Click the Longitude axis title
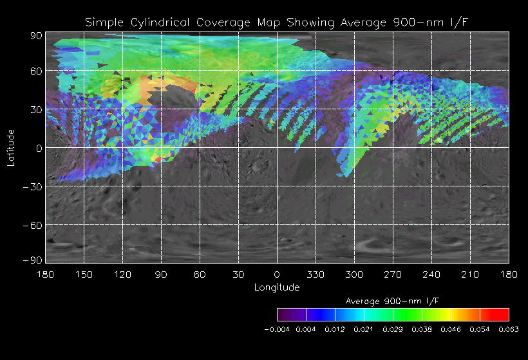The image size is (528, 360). [x=277, y=287]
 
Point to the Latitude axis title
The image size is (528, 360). [x=11, y=148]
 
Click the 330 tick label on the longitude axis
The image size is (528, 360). [x=316, y=275]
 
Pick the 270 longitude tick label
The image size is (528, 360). [x=393, y=275]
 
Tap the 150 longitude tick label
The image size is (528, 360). [x=84, y=275]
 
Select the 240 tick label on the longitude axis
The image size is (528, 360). [x=431, y=275]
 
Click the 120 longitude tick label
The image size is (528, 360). [x=122, y=275]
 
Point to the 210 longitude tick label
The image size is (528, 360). [x=470, y=275]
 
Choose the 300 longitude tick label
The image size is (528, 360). [x=354, y=275]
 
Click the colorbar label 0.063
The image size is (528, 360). [x=509, y=329]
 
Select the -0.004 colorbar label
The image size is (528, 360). [x=278, y=329]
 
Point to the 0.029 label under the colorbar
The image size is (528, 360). [x=393, y=329]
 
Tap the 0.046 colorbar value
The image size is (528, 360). [x=451, y=329]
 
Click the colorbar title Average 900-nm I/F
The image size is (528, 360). [x=393, y=301]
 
